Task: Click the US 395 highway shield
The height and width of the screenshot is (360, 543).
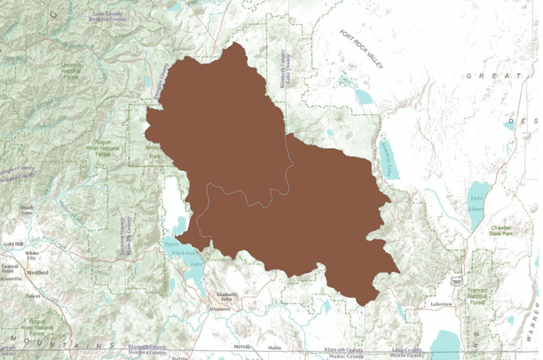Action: pos(456,281)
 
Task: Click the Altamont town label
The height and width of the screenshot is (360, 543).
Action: pos(218,310)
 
